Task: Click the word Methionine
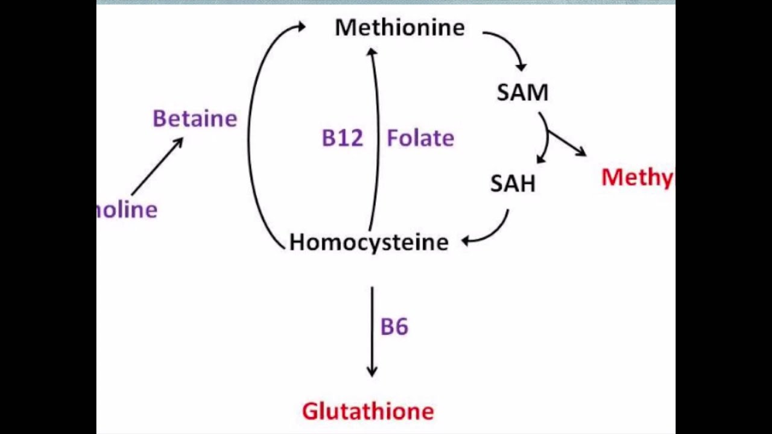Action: pyautogui.click(x=400, y=28)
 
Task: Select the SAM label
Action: pyautogui.click(x=522, y=92)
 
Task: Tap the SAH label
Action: pyautogui.click(x=513, y=184)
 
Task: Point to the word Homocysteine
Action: pyautogui.click(x=369, y=242)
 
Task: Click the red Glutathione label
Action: pyautogui.click(x=368, y=412)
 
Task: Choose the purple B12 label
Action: pyautogui.click(x=343, y=139)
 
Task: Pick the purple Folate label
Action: pyautogui.click(x=420, y=139)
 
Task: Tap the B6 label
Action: pyautogui.click(x=394, y=327)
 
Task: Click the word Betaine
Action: pyautogui.click(x=195, y=119)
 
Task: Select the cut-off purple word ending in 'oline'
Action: pyautogui.click(x=127, y=210)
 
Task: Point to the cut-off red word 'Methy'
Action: pyautogui.click(x=637, y=178)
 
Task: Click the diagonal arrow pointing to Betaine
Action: pyautogui.click(x=157, y=167)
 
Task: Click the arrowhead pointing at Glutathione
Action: pyautogui.click(x=372, y=370)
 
